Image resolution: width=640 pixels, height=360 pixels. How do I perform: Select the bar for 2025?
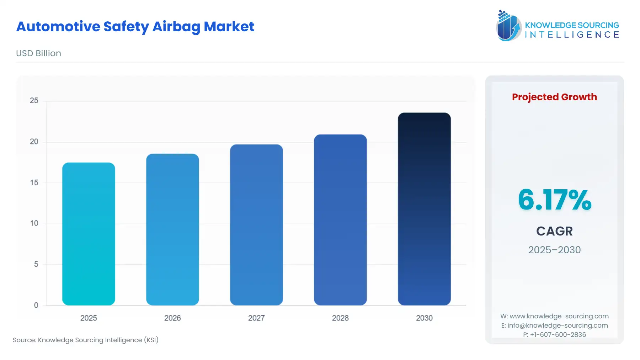tap(89, 234)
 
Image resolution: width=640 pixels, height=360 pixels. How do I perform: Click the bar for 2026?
tap(172, 229)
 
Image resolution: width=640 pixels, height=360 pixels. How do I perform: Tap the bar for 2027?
tap(256, 225)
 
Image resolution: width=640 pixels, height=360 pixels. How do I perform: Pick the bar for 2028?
tap(340, 220)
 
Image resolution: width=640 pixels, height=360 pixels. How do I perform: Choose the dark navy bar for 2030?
tap(424, 209)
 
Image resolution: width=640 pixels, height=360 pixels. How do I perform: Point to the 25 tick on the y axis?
tap(34, 101)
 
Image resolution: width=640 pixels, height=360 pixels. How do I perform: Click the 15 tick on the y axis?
tap(34, 182)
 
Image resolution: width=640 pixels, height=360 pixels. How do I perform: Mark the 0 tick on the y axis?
tap(36, 305)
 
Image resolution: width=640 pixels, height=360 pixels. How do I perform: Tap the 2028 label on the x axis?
tap(340, 318)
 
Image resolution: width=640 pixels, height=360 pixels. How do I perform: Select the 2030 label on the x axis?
tap(424, 318)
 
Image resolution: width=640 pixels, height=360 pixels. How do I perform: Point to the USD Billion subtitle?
tap(38, 53)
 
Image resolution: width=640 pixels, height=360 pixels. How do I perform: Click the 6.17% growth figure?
tap(554, 200)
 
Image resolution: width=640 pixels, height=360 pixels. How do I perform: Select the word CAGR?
tap(554, 231)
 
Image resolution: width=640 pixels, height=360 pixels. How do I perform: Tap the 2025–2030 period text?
tap(554, 250)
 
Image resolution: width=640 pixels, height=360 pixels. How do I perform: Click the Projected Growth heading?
tap(554, 97)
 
